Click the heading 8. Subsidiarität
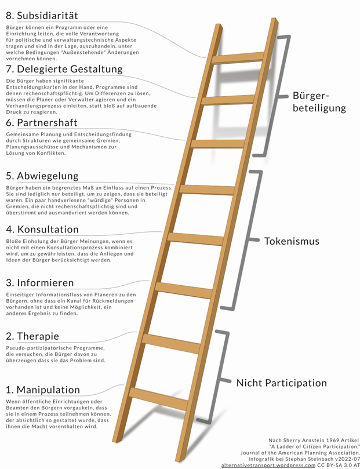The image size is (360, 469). coord(42,15)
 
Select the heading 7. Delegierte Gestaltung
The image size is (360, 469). coord(64,69)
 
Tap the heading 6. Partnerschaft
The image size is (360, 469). coord(41,123)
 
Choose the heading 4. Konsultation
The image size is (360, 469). coord(42,229)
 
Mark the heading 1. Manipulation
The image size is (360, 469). coord(43,390)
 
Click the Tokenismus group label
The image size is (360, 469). coord(291,241)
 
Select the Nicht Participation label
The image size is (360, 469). coord(281,383)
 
